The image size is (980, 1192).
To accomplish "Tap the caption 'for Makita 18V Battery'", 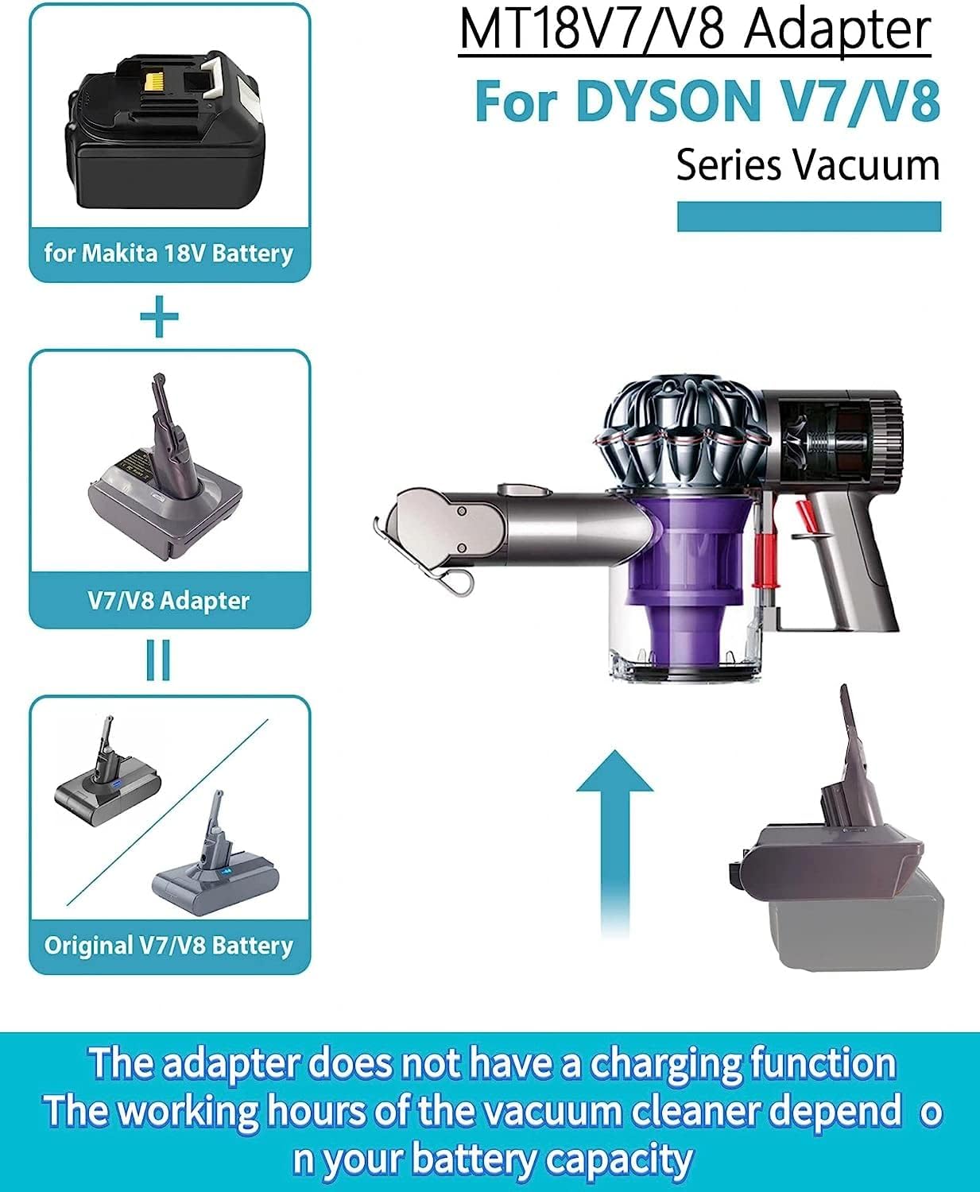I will (x=168, y=253).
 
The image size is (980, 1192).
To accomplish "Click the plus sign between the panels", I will (x=159, y=317).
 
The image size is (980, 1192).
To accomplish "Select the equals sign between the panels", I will (x=158, y=660).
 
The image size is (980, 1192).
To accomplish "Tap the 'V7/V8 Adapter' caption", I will (x=168, y=600).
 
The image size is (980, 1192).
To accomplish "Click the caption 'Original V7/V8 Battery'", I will (x=168, y=945).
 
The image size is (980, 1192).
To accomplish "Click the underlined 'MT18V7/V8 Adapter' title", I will (x=695, y=30).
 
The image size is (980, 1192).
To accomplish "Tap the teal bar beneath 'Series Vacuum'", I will (x=808, y=217).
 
